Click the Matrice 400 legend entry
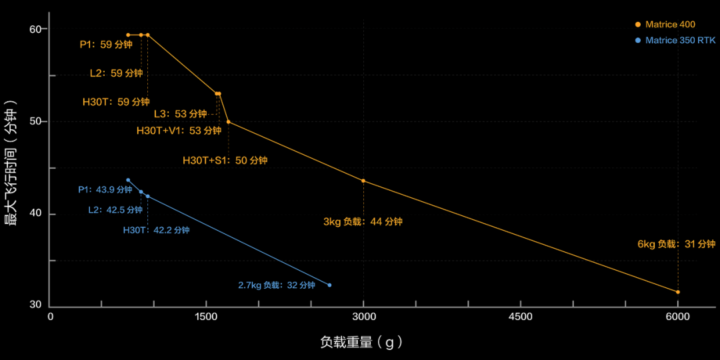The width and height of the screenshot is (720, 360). point(669,25)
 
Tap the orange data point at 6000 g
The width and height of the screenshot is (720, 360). point(678,292)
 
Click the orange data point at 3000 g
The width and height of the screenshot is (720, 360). point(363,181)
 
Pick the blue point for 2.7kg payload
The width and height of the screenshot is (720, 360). point(329,285)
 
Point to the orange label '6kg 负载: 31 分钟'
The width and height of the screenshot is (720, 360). point(676,244)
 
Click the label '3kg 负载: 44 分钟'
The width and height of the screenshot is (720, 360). point(363,222)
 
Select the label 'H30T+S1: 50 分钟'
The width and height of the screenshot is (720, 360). point(225,161)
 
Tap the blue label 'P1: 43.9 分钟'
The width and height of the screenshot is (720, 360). point(105,190)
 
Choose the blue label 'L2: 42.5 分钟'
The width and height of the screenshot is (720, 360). point(115,210)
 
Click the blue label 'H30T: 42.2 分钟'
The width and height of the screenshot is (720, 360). point(156,231)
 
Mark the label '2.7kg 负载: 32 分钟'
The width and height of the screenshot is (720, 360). point(276,285)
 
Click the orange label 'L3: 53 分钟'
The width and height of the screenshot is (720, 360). point(180,114)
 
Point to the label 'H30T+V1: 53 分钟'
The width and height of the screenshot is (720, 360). point(179,131)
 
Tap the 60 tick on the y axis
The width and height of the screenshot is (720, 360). point(35,29)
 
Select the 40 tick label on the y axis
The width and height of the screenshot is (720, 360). point(35,214)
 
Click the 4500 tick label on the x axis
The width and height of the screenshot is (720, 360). point(520,317)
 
